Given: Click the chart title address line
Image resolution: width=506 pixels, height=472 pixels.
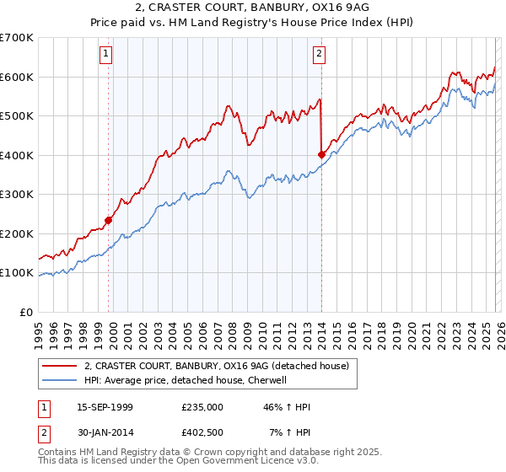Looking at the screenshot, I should tap(253, 8).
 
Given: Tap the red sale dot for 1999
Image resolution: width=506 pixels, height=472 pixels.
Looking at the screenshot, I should tap(109, 220).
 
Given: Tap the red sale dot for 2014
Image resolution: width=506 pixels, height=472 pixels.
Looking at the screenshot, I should tap(321, 154).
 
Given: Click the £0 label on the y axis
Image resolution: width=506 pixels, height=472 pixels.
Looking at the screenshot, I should tap(26, 312).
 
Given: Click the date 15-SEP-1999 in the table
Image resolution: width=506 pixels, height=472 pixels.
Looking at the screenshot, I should tap(105, 407).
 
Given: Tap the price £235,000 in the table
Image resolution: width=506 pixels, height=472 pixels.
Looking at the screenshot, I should tap(202, 407).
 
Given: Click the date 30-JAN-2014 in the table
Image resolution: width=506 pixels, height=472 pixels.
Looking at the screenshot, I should tap(105, 432).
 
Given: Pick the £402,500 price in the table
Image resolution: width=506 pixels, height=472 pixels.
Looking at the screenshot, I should tap(202, 432).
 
